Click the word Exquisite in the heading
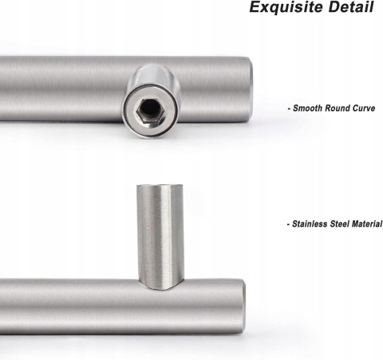tap(286, 7)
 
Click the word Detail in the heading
tap(351, 7)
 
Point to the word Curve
tap(364, 109)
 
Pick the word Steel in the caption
tap(340, 224)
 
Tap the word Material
tap(367, 224)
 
